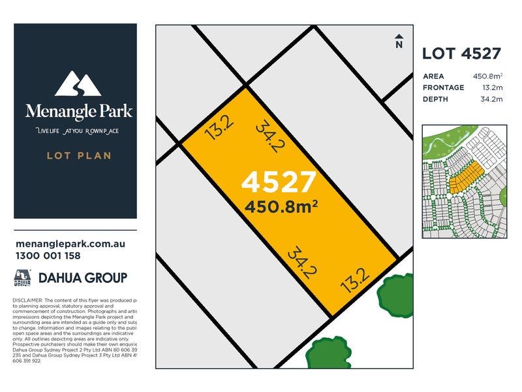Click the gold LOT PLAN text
click(x=79, y=155)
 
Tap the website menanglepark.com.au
click(x=69, y=244)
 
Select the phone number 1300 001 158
click(x=47, y=256)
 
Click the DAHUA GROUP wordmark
click(x=82, y=278)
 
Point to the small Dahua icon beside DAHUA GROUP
click(x=23, y=278)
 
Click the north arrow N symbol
click(x=399, y=42)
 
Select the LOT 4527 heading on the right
click(x=461, y=54)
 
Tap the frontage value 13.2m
click(x=492, y=88)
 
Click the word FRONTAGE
click(x=444, y=88)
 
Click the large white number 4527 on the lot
click(x=279, y=182)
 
